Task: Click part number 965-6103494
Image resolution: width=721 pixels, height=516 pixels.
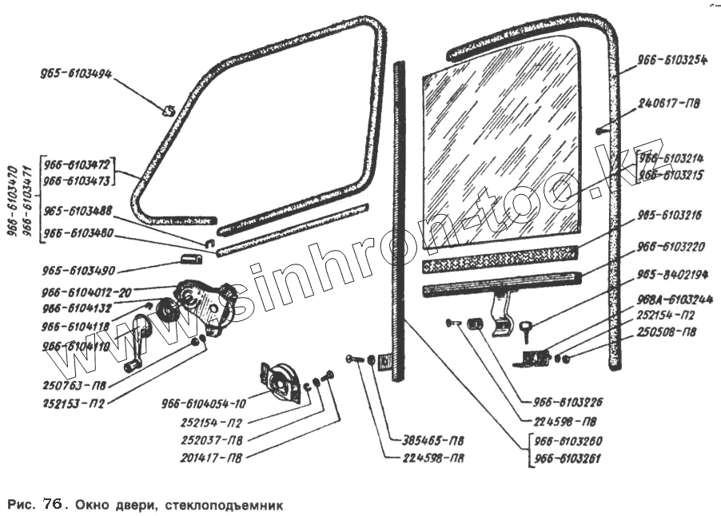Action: pos(76,74)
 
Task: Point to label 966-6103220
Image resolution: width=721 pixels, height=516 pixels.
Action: pos(672,248)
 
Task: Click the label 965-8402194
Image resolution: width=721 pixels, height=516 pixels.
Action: pos(672,275)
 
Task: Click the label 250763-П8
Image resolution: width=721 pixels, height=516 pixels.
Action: pos(76,385)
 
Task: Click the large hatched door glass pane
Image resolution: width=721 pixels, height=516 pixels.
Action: pos(496,152)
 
